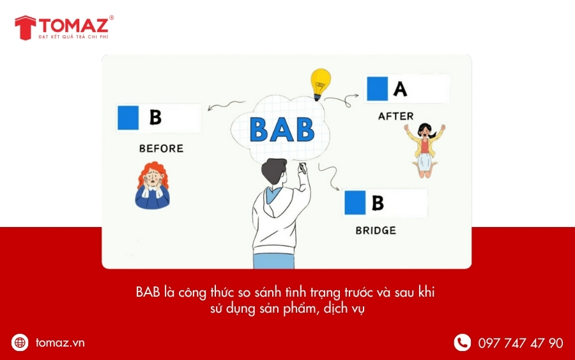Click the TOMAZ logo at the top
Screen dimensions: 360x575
point(64,27)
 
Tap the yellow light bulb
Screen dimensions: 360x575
point(320,83)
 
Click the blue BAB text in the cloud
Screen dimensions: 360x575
point(282,129)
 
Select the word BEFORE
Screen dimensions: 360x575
point(161,148)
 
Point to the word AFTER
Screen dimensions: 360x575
point(395,116)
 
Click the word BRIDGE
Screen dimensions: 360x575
point(376,230)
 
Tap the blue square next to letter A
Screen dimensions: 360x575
point(377,88)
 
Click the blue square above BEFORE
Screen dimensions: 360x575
point(128,118)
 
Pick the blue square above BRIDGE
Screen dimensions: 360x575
point(355,202)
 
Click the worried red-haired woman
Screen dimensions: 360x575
point(152,185)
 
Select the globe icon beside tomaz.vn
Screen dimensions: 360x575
point(20,343)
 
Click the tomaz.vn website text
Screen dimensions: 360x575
point(60,343)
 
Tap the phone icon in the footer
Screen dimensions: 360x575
point(462,343)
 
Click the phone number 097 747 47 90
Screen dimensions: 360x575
point(521,343)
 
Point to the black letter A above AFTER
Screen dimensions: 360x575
point(400,88)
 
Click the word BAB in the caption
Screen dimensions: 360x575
point(148,292)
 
